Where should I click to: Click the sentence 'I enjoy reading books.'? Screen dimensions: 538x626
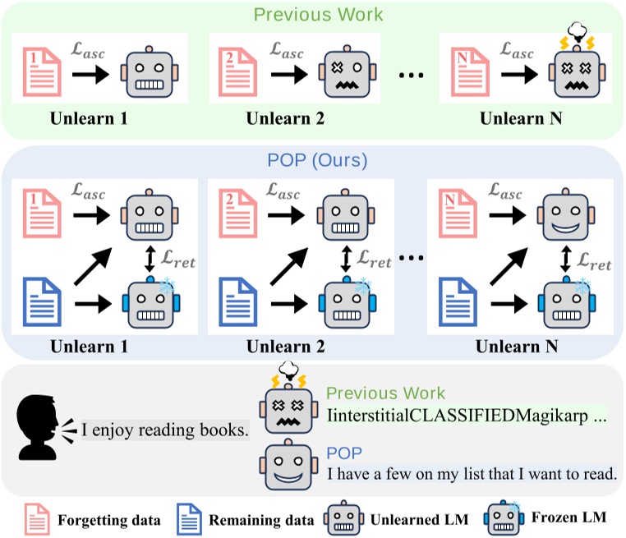pyautogui.click(x=164, y=430)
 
